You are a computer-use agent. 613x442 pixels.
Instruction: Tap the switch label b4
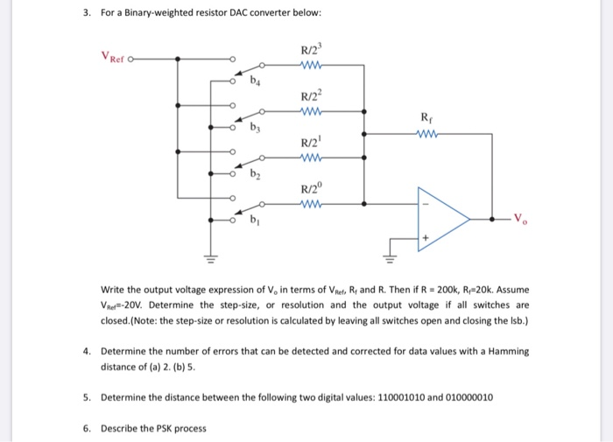(x=256, y=84)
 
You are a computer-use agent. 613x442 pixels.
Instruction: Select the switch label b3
(x=256, y=130)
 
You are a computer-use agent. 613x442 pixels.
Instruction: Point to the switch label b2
(x=256, y=175)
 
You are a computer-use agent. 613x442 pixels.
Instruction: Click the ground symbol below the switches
(x=210, y=259)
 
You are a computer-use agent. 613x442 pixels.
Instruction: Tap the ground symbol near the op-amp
(x=390, y=259)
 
